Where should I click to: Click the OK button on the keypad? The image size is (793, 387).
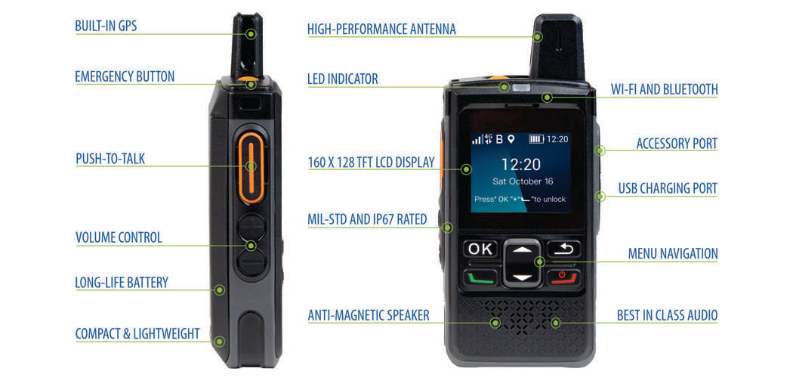point(480,249)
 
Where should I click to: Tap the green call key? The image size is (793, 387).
point(480,277)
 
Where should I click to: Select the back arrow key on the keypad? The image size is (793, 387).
point(563,249)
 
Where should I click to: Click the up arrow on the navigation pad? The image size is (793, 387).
point(522,249)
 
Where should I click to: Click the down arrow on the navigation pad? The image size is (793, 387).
point(522,277)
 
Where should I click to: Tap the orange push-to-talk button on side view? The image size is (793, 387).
point(251,167)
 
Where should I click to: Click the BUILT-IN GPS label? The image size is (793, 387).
point(106,26)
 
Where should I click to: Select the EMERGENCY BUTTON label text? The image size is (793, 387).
point(125,76)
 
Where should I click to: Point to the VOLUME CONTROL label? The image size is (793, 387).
point(119,237)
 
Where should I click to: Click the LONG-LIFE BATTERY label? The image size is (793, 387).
point(122,282)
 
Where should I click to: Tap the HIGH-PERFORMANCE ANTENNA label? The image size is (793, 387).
point(382,29)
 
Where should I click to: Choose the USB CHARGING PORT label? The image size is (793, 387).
point(668,188)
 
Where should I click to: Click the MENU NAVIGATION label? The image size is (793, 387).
point(673,253)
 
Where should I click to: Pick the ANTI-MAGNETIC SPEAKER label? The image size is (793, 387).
point(369,315)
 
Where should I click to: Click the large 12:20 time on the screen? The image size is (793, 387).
point(521,164)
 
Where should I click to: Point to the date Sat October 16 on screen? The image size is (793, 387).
point(523,181)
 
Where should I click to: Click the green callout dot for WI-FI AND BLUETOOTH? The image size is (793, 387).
point(546,98)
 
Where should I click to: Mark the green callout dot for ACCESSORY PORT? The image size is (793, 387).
point(600,150)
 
